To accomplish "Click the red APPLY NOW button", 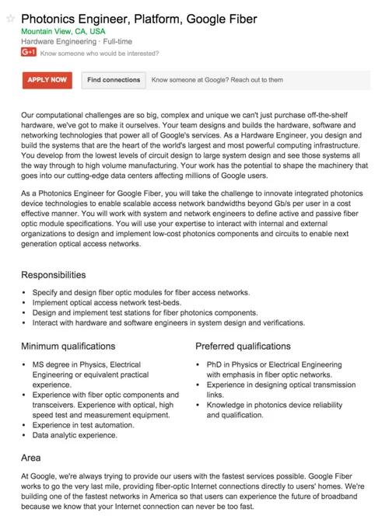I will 47,79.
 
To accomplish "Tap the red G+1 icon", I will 29,53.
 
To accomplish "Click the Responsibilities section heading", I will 54,275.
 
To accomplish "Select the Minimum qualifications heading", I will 73,346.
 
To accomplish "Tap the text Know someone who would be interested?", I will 100,54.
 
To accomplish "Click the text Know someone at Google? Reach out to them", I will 217,79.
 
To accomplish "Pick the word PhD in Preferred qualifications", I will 214,364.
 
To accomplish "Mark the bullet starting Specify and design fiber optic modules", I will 141,292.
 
